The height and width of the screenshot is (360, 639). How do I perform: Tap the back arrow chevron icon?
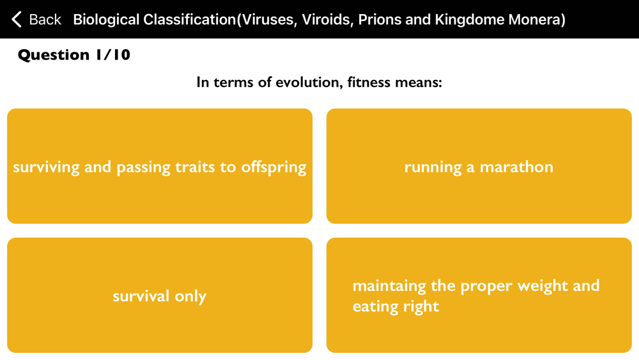coord(17,19)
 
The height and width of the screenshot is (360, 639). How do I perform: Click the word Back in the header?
coord(45,19)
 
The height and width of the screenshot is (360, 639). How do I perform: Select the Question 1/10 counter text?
coord(74,54)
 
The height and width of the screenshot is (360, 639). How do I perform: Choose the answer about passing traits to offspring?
coord(160,166)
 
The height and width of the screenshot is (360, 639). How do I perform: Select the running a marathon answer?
coord(479,166)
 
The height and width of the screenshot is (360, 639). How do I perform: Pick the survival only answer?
coord(160,295)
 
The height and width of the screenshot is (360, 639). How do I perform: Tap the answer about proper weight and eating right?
coord(479,295)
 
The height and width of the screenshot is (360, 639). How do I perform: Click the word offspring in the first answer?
coord(273,168)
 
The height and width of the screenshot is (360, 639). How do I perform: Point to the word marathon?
coord(516,167)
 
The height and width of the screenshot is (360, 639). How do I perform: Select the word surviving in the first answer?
coord(46,168)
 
